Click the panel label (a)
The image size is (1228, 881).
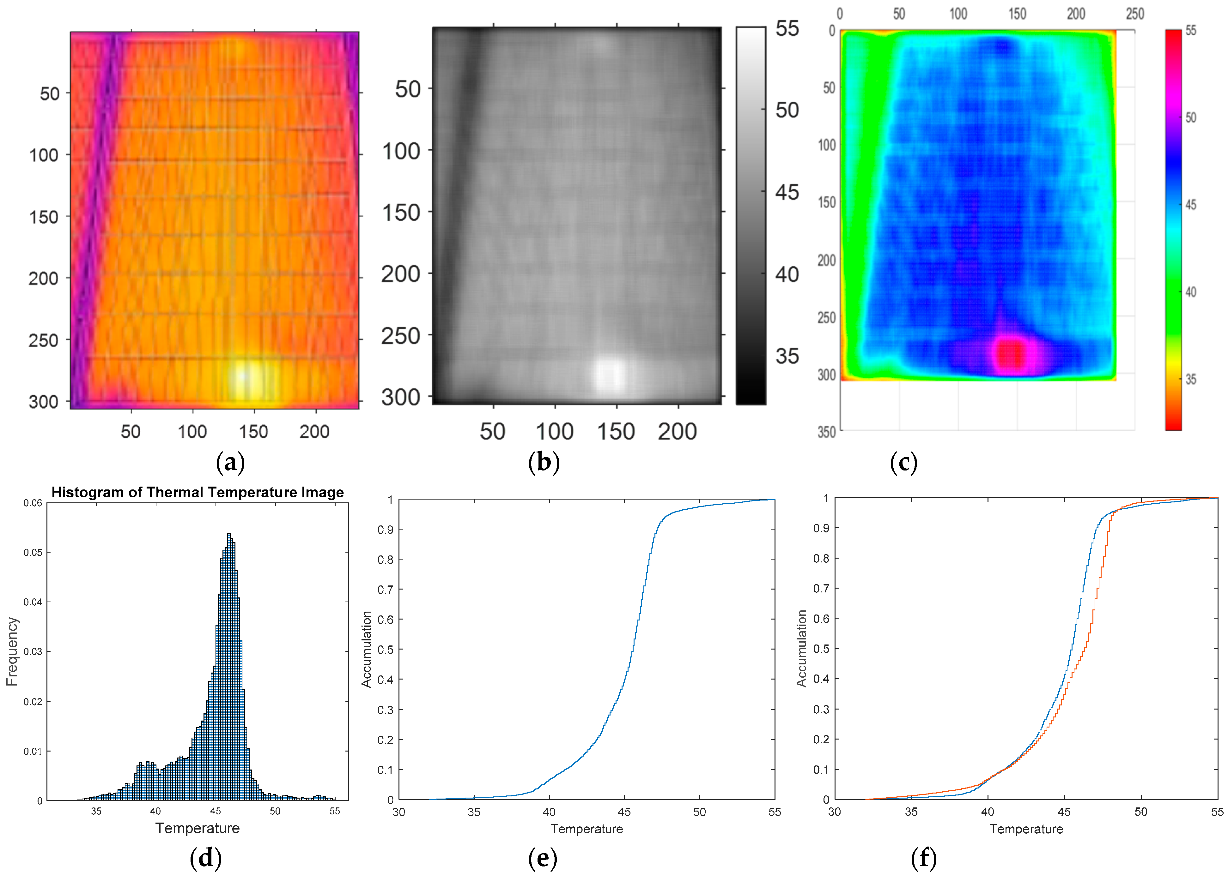point(230,463)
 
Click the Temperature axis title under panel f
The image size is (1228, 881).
point(1026,829)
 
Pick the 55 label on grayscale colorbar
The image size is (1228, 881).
point(787,29)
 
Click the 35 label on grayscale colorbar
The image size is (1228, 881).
point(787,356)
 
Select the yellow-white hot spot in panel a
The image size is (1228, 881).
point(244,376)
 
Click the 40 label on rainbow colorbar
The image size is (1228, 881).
point(1191,292)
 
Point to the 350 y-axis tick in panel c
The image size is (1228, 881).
point(826,432)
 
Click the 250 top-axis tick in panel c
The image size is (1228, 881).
point(1135,14)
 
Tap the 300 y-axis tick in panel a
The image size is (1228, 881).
point(43,402)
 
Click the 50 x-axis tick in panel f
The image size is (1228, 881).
point(1141,812)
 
